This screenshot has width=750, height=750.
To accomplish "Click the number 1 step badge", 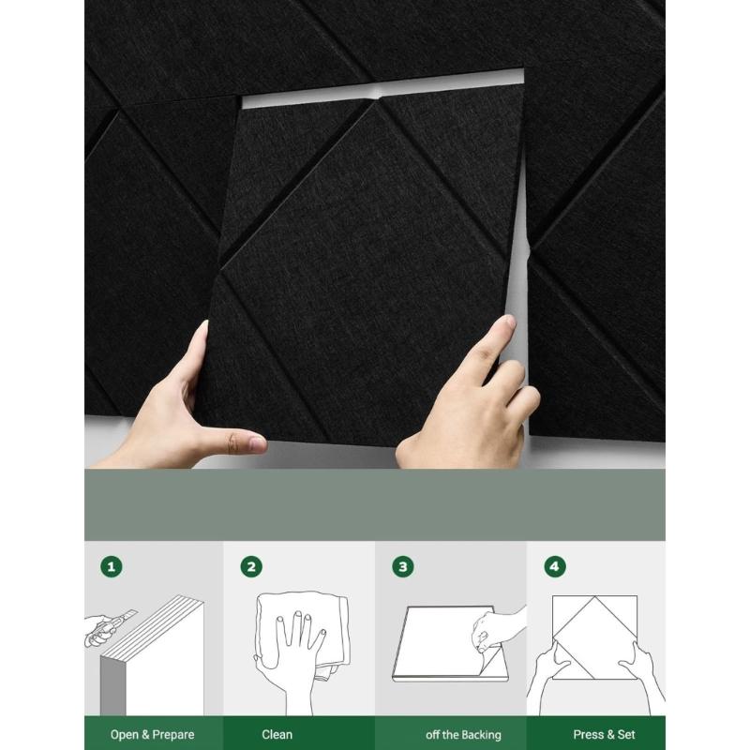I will pyautogui.click(x=112, y=567).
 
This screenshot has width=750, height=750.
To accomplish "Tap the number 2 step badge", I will pyautogui.click(x=251, y=567).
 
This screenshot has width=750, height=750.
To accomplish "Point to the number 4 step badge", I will pyautogui.click(x=556, y=567).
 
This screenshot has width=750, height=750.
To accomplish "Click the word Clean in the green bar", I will pyautogui.click(x=277, y=734).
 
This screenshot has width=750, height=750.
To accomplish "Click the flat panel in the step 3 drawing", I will pyautogui.click(x=436, y=647).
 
